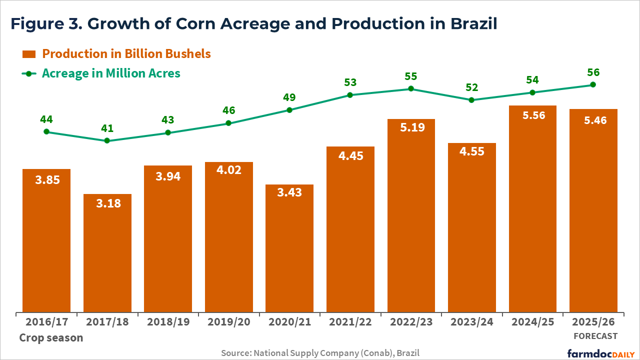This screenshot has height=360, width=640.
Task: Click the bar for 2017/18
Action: coord(107,253)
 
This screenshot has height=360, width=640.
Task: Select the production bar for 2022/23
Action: coord(411,215)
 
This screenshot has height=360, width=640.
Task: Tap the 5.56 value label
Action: coord(532,115)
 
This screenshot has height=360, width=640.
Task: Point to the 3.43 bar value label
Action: coord(289,192)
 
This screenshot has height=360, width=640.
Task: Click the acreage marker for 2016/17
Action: coord(46,131)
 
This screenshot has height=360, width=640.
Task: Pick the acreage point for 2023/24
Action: coord(471,100)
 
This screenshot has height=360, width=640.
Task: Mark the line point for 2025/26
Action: coord(593,84)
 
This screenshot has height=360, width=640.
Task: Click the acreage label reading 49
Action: coord(289,97)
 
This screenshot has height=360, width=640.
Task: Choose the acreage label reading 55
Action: coord(411,76)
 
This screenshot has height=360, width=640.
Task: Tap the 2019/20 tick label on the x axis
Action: coord(228,322)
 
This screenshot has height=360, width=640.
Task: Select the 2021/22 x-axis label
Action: coord(350,322)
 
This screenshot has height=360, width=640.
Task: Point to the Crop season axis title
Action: coord(51,337)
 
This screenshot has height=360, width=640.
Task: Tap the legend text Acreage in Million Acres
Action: coord(111,73)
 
